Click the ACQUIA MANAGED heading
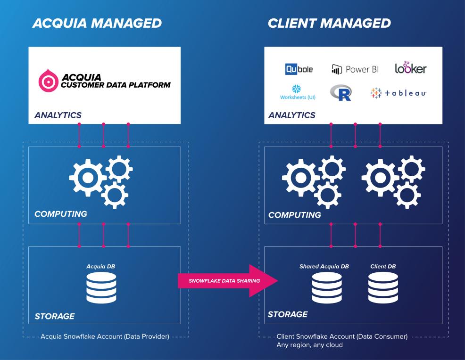point(97,23)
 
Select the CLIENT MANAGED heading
point(329,23)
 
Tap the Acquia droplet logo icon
point(47,80)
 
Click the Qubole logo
point(299,69)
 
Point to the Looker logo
point(410,69)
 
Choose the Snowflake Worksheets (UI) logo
point(297,92)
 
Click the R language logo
point(341,92)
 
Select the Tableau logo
point(399,93)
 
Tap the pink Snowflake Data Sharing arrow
point(222,281)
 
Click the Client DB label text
point(383,267)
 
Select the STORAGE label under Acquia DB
point(55,316)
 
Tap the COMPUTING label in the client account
point(295,215)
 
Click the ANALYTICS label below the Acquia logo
point(58,115)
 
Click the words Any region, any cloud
point(310,345)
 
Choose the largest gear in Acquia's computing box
point(87,178)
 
